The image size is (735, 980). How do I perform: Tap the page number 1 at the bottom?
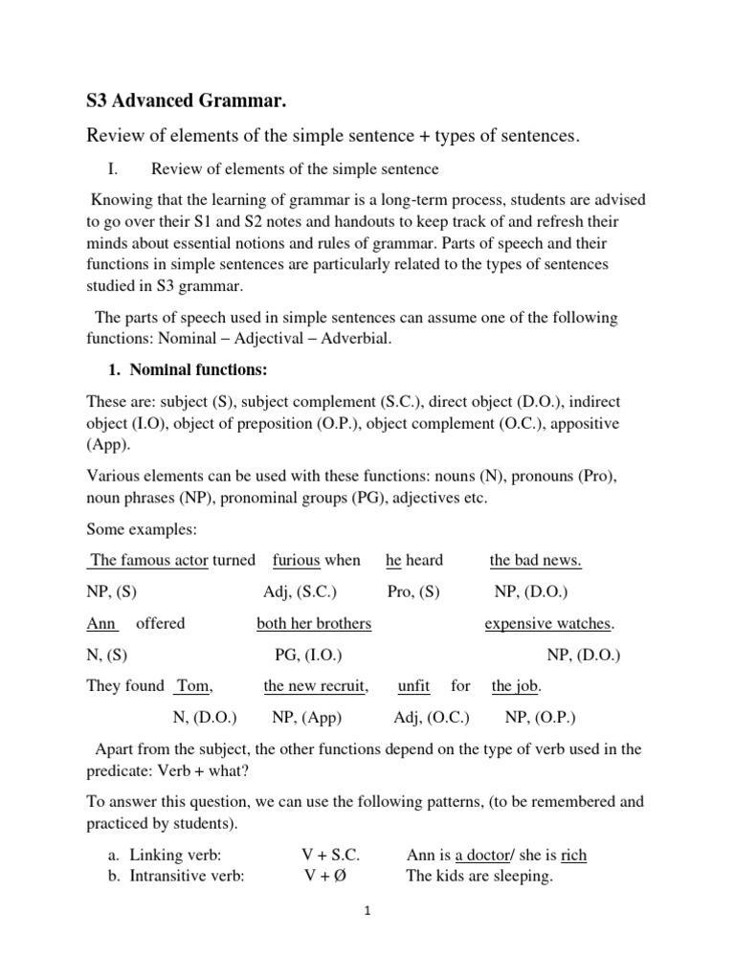click(x=367, y=911)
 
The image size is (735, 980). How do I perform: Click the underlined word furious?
click(x=296, y=560)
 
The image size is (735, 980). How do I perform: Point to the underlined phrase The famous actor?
click(x=148, y=560)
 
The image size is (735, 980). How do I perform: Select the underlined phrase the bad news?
click(x=535, y=560)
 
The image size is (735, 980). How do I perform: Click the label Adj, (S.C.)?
click(x=299, y=591)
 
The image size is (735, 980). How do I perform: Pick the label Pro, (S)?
click(x=413, y=591)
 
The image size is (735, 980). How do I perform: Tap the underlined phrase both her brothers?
click(x=314, y=623)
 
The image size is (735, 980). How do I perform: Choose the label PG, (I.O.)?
click(x=308, y=655)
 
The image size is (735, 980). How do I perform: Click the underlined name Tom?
click(x=192, y=685)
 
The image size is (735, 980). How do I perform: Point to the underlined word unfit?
click(x=413, y=685)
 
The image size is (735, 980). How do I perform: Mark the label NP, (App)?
click(x=306, y=717)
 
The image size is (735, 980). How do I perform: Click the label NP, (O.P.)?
click(x=540, y=717)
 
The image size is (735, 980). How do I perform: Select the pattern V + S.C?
click(x=329, y=855)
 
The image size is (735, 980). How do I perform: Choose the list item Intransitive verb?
click(x=178, y=875)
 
